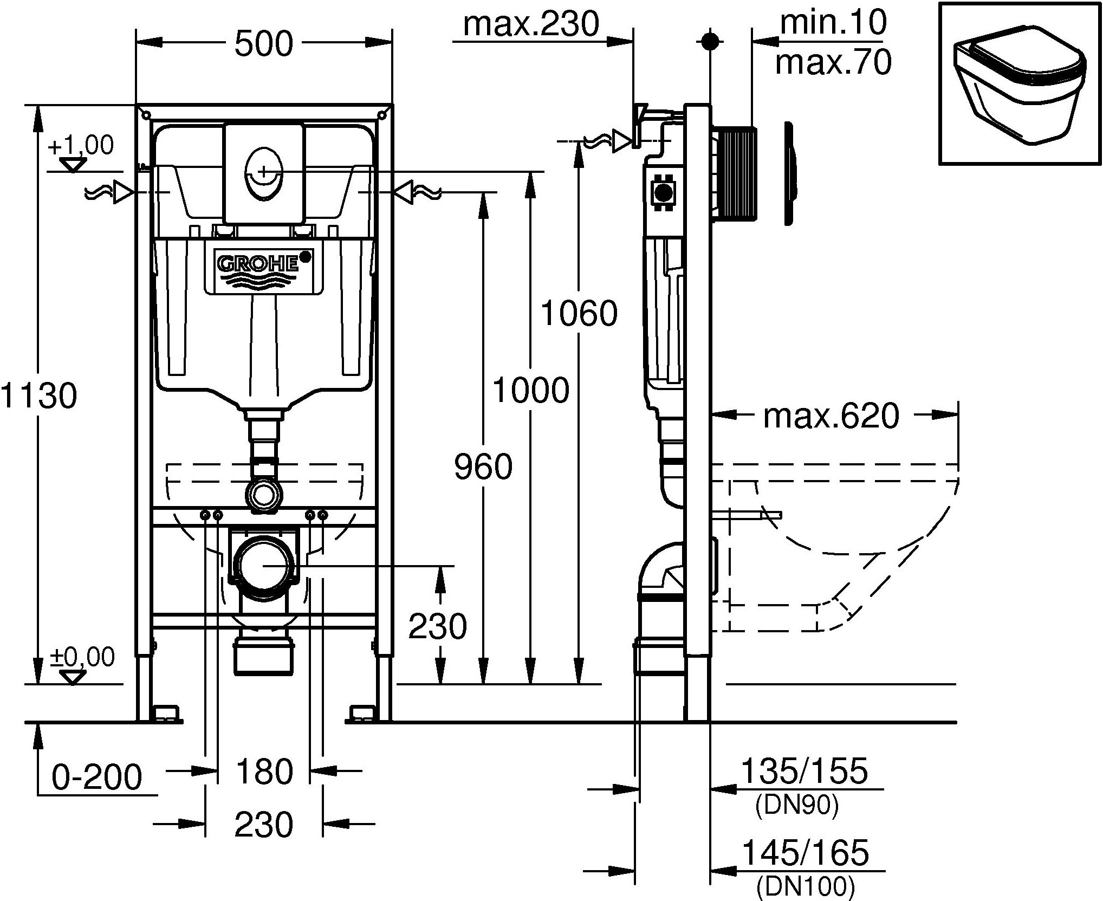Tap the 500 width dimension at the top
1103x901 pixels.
(x=264, y=44)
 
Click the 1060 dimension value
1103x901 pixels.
(x=579, y=313)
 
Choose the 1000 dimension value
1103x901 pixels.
(x=531, y=391)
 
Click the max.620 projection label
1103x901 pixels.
(x=831, y=416)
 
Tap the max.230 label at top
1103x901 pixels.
(x=531, y=24)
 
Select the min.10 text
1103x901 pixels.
(x=833, y=22)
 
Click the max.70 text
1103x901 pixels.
(x=833, y=62)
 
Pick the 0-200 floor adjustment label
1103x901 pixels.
(x=97, y=778)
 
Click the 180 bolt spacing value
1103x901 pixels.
(x=264, y=772)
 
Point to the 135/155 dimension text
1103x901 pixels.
(x=804, y=771)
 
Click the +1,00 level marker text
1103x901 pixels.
(x=81, y=146)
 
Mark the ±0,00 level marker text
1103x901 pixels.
(x=82, y=658)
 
